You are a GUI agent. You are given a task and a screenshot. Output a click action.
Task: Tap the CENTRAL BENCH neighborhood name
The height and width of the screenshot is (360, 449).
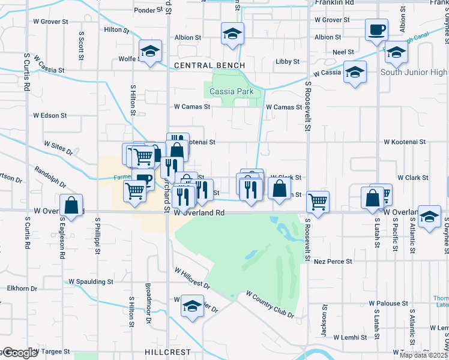point(209,65)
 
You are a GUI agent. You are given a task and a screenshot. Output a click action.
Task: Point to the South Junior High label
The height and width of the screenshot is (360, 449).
point(414,73)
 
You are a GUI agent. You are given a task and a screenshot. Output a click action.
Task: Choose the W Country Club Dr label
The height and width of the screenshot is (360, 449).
point(270,304)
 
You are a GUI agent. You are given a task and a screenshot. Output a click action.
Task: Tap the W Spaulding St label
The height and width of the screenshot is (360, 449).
point(91,281)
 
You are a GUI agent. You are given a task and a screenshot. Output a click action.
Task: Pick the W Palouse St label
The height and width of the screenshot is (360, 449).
point(388,304)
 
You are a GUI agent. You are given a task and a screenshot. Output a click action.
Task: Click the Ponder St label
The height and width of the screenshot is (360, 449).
point(145,10)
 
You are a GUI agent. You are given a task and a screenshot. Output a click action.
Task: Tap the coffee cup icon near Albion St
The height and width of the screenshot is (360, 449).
point(376,29)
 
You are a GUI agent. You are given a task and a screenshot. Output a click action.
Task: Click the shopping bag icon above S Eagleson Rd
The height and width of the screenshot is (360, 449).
point(71,205)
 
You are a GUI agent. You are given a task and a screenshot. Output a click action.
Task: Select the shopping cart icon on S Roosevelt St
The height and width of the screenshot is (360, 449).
point(318,201)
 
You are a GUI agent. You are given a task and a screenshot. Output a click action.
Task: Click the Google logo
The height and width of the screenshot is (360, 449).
point(19,353)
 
